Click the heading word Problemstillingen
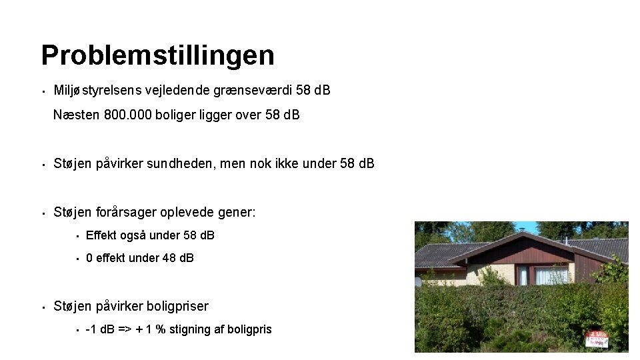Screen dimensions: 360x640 [x=157, y=55]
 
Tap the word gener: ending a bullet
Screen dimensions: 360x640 [x=237, y=212]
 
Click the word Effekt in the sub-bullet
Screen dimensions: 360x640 [x=101, y=235]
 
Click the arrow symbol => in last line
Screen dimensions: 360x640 [x=125, y=329]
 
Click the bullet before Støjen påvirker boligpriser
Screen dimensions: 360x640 [x=42, y=307]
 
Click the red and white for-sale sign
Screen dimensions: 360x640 [x=596, y=338]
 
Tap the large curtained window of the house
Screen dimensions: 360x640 [x=551, y=275]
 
